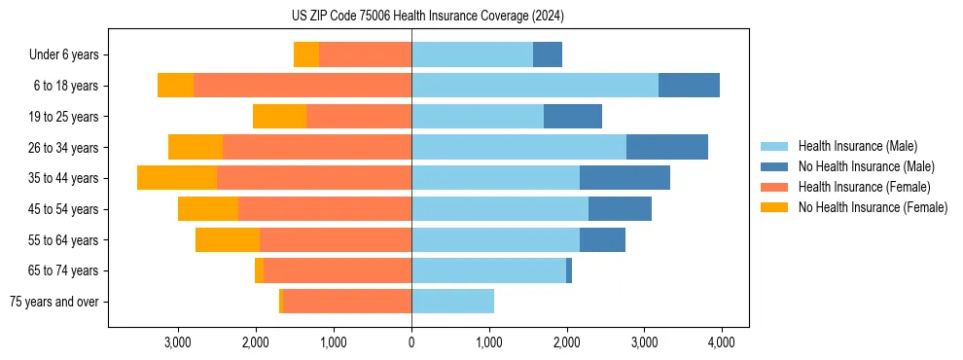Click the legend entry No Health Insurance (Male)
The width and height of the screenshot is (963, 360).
pyautogui.click(x=865, y=166)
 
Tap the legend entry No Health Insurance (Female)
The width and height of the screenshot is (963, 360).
pyautogui.click(x=872, y=207)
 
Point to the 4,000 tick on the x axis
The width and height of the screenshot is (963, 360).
pyautogui.click(x=721, y=342)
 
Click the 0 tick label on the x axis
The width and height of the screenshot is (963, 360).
pyautogui.click(x=411, y=342)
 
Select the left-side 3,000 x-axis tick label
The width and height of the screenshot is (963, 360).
pyautogui.click(x=178, y=342)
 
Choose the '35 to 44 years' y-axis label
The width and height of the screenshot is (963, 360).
pyautogui.click(x=63, y=178)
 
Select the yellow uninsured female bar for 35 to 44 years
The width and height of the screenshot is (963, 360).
pyautogui.click(x=177, y=178)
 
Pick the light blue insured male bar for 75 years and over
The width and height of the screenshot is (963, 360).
pyautogui.click(x=452, y=302)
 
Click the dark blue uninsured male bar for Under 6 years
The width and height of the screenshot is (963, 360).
pyautogui.click(x=548, y=55)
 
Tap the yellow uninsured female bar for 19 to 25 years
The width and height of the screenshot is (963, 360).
pyautogui.click(x=280, y=117)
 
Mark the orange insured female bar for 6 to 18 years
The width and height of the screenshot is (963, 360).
pyautogui.click(x=303, y=86)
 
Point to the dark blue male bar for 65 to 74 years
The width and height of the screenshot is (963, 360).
pyautogui.click(x=569, y=270)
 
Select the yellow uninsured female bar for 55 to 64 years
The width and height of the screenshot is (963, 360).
pyautogui.click(x=228, y=239)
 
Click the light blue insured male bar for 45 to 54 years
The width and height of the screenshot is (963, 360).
pyautogui.click(x=500, y=209)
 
